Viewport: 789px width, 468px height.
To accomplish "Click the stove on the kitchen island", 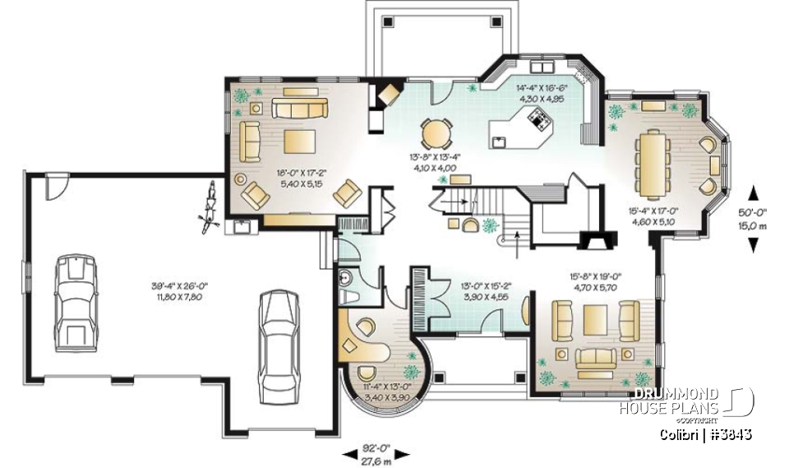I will (x=539, y=122).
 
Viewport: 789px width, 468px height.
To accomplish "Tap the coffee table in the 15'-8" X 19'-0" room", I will (x=596, y=315).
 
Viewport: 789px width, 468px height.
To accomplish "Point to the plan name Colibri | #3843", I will (x=706, y=433).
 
